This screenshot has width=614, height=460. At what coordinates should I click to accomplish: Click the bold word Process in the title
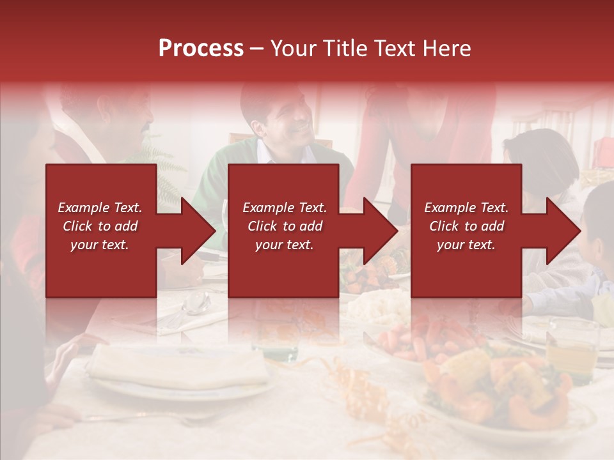click(x=201, y=48)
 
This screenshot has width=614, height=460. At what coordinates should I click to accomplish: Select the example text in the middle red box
click(x=284, y=226)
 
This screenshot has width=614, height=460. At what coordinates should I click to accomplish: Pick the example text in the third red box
click(x=466, y=226)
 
